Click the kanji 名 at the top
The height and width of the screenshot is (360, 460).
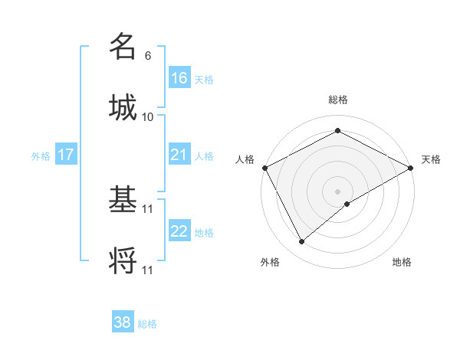coord(123,47)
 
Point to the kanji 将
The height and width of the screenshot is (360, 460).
coord(123,260)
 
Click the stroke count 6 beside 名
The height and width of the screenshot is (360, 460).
coord(148,56)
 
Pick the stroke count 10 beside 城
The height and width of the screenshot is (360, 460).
coord(148,116)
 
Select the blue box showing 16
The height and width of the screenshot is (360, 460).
coord(179,78)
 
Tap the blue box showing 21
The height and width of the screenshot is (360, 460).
coord(179,155)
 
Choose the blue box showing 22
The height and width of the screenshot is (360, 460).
coord(179,231)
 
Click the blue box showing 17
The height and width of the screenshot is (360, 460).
coord(66,155)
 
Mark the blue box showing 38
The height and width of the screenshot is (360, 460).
coord(123,322)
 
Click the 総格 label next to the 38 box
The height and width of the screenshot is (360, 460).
coord(147,324)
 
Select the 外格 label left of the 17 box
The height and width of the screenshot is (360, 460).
coord(41,156)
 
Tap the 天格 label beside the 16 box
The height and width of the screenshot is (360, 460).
coord(203,80)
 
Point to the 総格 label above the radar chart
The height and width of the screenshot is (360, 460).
coord(337,100)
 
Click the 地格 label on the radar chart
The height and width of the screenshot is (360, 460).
coord(402,262)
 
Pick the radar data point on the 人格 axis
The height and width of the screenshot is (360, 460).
coord(264,168)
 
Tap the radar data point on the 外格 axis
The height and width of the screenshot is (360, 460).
coord(302,242)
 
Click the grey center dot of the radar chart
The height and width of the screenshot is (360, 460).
coord(337,191)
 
